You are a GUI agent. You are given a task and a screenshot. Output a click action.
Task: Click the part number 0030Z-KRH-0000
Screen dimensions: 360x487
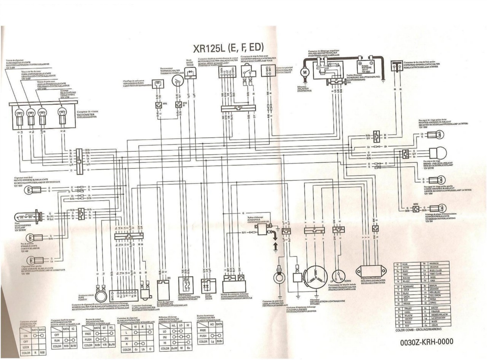[427, 342]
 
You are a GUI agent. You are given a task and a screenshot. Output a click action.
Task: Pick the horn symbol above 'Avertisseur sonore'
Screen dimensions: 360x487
[100, 294]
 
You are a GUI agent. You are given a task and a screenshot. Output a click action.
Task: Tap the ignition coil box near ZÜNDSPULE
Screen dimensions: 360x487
[263, 229]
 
